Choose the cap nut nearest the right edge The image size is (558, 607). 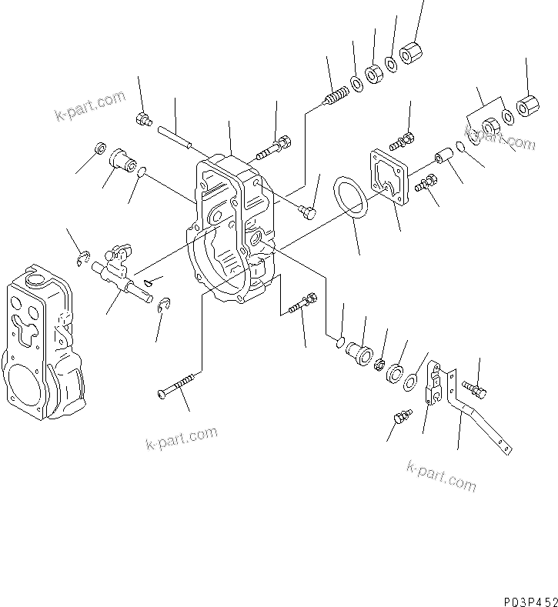pos(527,105)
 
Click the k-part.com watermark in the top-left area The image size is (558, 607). pos(89,107)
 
